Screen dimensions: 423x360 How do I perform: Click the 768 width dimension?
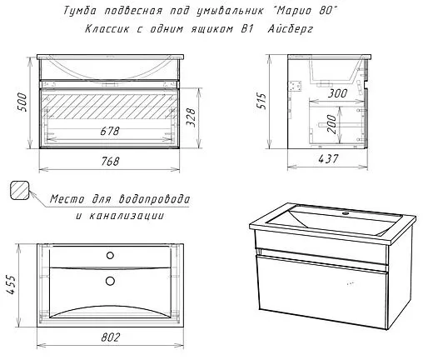110,161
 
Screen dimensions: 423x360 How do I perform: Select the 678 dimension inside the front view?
110,131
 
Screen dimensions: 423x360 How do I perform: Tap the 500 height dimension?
22,102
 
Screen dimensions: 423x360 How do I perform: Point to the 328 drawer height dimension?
191,117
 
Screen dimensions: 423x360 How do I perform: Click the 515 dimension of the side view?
261,101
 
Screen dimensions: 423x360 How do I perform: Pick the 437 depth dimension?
328,158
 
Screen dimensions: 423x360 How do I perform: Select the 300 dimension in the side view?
337,93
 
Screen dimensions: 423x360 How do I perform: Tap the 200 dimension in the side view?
331,124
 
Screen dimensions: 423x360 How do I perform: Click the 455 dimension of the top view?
12,284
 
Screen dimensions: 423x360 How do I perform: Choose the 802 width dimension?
111,337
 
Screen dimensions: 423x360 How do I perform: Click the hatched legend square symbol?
20,190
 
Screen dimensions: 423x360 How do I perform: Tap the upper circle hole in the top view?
110,255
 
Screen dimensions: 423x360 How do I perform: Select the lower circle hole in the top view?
110,281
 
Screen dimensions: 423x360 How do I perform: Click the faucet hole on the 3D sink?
346,213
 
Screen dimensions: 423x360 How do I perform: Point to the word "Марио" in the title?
294,11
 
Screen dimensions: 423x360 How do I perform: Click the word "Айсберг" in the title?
291,29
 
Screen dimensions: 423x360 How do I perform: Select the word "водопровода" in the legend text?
155,199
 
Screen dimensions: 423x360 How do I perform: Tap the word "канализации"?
127,216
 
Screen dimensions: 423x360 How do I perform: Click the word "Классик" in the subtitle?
107,28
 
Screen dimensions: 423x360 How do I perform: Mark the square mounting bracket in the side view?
295,86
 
